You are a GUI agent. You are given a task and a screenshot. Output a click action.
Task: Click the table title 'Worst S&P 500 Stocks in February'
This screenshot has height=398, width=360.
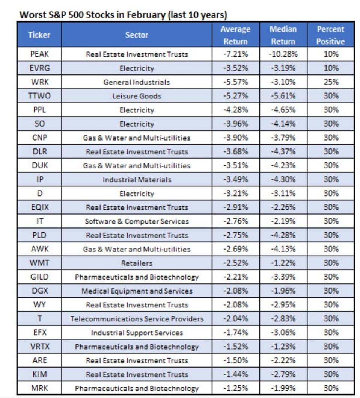click(123, 15)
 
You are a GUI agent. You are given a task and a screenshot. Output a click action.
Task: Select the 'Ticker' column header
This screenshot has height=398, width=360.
click(39, 35)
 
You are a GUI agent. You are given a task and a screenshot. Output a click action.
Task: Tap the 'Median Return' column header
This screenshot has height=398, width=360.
click(283, 35)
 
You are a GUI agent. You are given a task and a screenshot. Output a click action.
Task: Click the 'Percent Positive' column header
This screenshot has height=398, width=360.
click(330, 35)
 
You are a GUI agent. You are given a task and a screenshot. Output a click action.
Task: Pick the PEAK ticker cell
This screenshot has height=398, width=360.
click(39, 54)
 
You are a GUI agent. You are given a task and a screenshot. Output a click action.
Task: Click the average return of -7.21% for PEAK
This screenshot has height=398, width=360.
click(235, 54)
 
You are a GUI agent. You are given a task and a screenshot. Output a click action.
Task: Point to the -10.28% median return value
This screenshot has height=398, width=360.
click(283, 54)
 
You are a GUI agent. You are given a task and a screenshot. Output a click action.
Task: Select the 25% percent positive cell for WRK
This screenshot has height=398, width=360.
click(330, 82)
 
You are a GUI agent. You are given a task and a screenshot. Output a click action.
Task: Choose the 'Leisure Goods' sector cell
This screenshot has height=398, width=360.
click(137, 96)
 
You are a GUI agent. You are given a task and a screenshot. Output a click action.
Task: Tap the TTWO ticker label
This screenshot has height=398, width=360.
click(39, 96)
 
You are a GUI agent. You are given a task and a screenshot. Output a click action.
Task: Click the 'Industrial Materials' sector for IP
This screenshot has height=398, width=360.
click(137, 180)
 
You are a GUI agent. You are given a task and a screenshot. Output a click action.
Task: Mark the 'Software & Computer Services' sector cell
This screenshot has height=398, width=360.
click(137, 221)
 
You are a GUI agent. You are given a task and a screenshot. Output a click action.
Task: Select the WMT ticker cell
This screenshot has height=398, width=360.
click(39, 263)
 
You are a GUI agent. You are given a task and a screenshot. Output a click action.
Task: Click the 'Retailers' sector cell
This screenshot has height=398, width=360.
click(137, 263)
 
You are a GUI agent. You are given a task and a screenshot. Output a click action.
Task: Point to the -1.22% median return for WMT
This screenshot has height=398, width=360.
click(283, 263)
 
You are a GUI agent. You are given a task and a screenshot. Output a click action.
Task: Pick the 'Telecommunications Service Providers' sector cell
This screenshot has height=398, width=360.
click(137, 319)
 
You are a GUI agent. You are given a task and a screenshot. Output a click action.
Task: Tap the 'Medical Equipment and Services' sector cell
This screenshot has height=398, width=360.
click(137, 291)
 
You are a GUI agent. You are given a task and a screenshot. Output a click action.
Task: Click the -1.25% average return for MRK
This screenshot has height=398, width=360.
click(235, 388)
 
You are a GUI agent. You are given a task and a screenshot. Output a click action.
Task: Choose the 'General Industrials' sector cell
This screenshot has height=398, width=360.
click(137, 82)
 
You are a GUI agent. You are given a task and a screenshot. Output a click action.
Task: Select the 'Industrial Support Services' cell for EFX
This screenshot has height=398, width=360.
click(137, 333)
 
